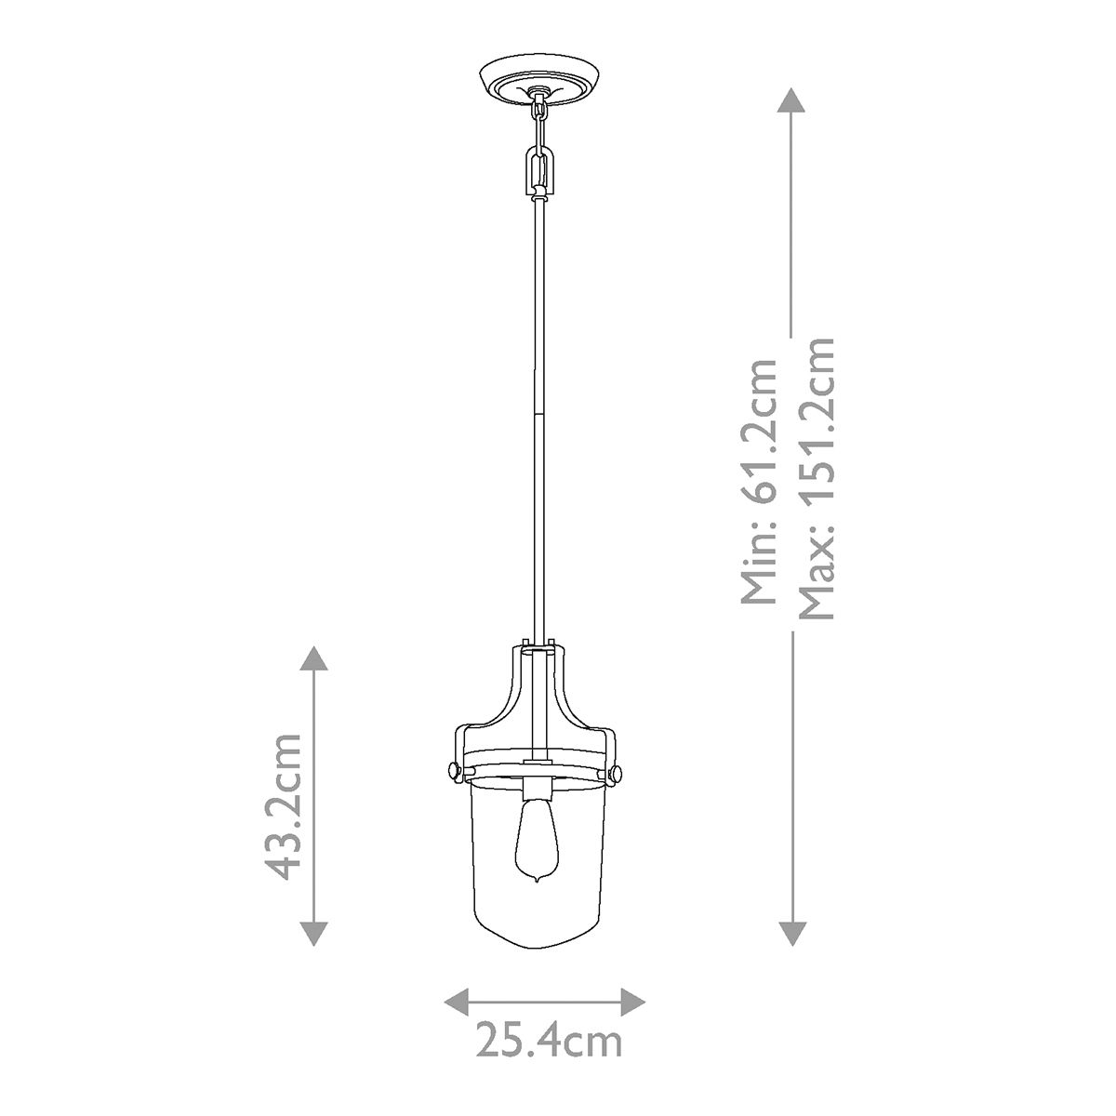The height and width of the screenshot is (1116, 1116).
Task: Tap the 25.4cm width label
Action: [548, 1041]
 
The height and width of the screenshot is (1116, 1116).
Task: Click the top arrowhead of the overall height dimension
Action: [790, 100]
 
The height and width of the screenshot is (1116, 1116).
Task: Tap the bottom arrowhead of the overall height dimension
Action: [790, 933]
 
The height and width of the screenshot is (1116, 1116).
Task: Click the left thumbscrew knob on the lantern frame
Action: [453, 770]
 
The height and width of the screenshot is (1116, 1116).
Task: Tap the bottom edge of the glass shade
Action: [538, 946]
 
